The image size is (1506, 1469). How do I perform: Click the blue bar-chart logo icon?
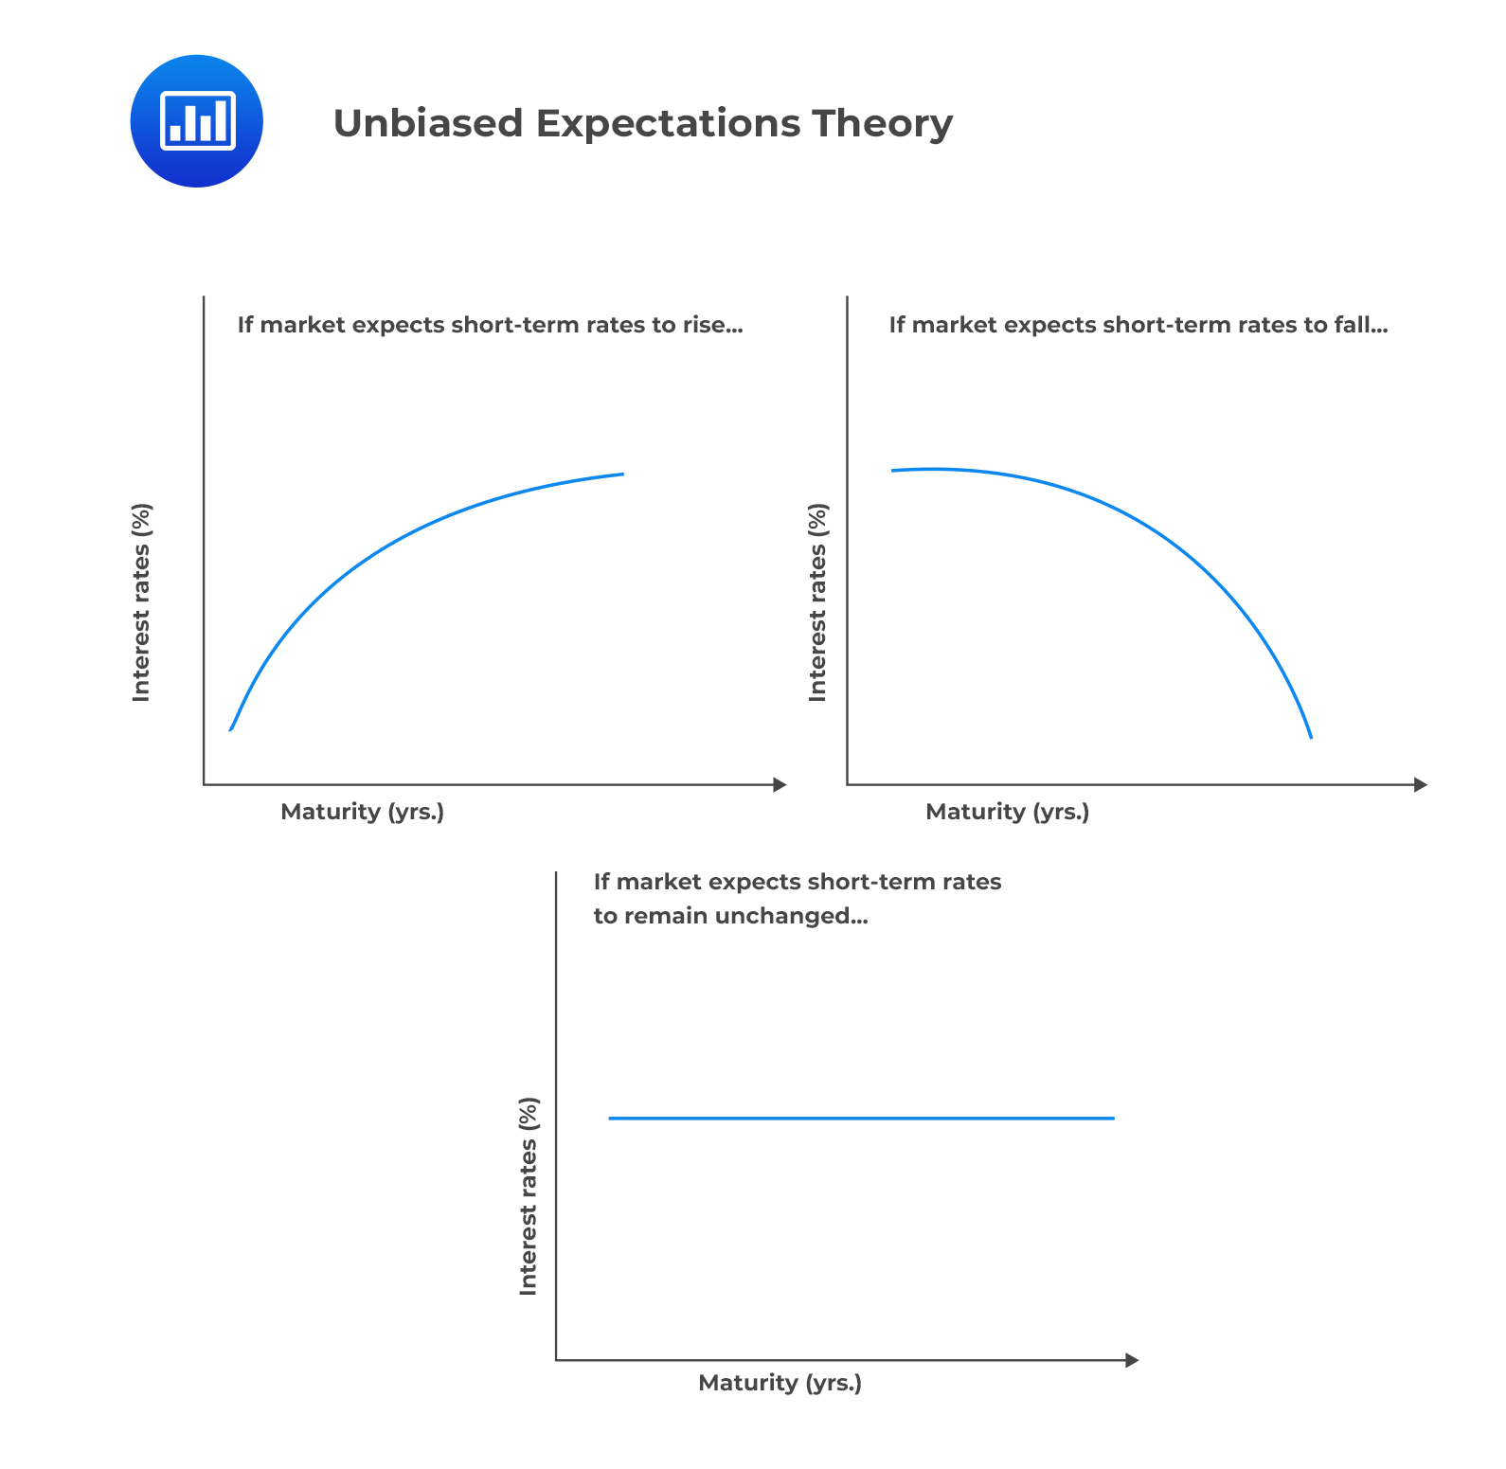point(196,121)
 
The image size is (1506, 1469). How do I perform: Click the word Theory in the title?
point(882,124)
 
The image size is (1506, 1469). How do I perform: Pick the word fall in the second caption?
point(1362,325)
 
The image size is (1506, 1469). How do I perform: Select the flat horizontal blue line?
point(861,1119)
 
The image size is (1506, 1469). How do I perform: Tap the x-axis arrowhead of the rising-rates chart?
point(780,784)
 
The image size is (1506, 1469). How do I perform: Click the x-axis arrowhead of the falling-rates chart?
point(1420,784)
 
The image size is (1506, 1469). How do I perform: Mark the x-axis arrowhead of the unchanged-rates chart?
point(1131,1360)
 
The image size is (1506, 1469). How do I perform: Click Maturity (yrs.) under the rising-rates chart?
point(363,812)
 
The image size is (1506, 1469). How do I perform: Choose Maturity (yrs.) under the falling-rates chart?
point(1008,812)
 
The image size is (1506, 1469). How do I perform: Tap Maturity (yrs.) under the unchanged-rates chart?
point(780,1383)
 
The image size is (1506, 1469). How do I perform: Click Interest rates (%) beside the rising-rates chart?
point(141,602)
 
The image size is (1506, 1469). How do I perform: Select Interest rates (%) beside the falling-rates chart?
point(817,602)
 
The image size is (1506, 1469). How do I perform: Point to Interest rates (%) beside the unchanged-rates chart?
point(529,1196)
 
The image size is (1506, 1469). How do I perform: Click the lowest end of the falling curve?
point(1311,737)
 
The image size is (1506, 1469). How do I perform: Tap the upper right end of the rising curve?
point(622,474)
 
